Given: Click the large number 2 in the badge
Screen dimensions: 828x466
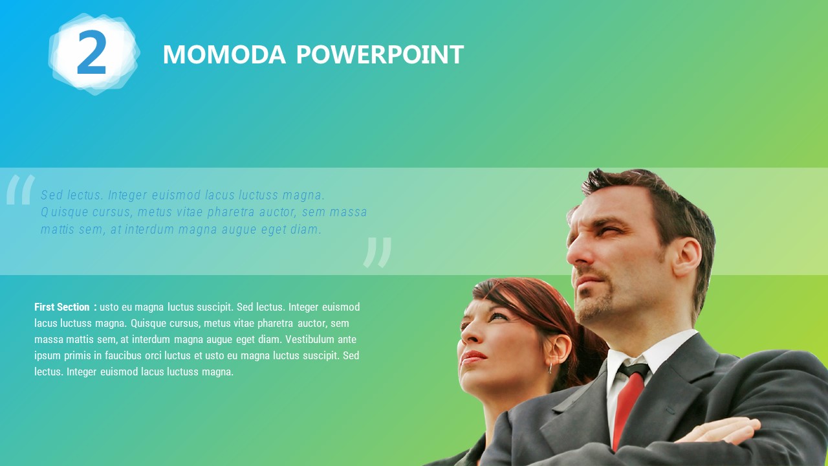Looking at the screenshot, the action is point(92,52).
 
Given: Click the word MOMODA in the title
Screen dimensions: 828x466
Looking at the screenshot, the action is point(224,54).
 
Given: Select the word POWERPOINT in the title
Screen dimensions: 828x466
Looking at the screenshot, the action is point(380,54).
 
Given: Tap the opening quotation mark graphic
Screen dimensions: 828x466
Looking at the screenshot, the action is point(21,190).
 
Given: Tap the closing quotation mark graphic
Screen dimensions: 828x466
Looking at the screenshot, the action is point(377,252).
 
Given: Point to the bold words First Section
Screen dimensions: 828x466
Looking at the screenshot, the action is point(62,307).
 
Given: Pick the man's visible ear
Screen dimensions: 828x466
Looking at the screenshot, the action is point(688,257).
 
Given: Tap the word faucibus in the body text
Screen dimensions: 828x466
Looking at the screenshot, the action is point(123,355).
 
